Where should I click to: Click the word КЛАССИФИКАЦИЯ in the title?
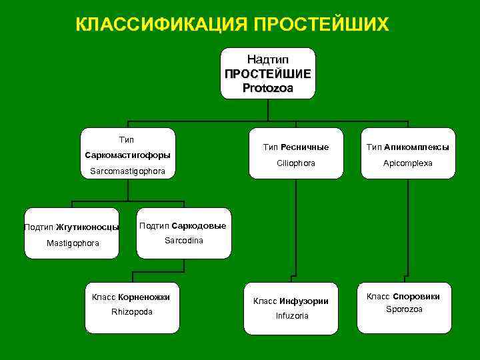[161, 25]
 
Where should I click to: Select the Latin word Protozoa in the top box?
[268, 87]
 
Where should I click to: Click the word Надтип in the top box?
[268, 60]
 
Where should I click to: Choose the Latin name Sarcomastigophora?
[127, 173]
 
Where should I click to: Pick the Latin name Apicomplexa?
[407, 163]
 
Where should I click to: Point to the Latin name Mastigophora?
[73, 243]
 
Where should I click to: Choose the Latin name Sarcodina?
[184, 240]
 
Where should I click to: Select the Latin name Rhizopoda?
[131, 312]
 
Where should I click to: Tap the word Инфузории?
[304, 301]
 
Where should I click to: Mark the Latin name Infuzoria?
[292, 315]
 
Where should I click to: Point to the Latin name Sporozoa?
[405, 309]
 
